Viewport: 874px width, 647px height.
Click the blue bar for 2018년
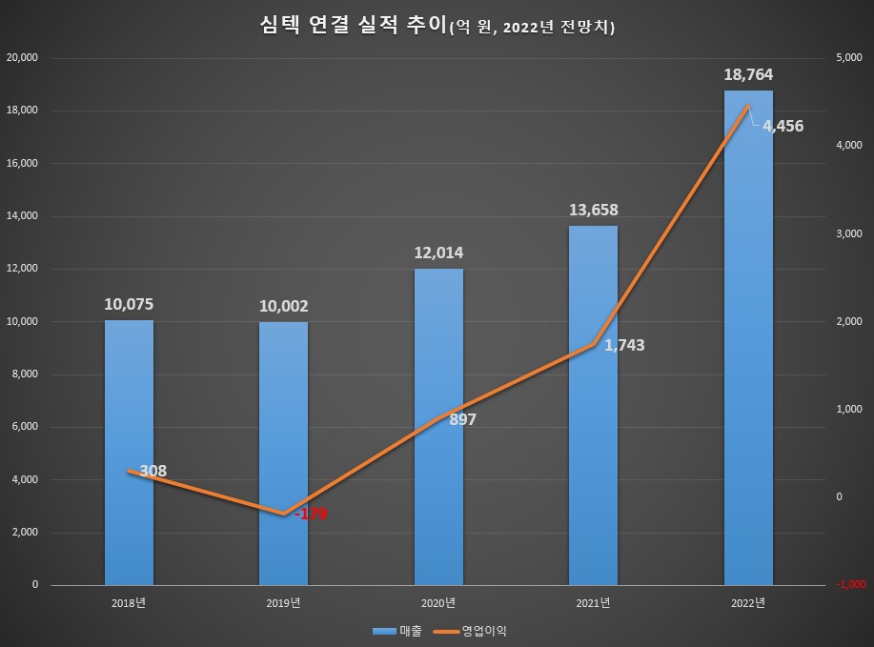[x=129, y=453]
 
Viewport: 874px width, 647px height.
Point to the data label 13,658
[x=592, y=210]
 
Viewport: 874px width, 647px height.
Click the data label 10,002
[x=283, y=306]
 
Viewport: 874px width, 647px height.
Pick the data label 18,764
[x=748, y=74]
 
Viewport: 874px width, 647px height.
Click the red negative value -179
[x=311, y=515]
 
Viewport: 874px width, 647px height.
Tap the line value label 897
[x=461, y=419]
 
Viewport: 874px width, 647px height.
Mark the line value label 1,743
[x=624, y=345]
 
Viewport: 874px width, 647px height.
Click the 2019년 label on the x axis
[x=283, y=602]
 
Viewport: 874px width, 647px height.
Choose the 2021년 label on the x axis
[x=592, y=602]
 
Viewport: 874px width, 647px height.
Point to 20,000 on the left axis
[x=21, y=57]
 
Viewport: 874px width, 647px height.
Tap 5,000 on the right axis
[x=848, y=57]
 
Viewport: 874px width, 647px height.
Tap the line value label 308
[x=152, y=471]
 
